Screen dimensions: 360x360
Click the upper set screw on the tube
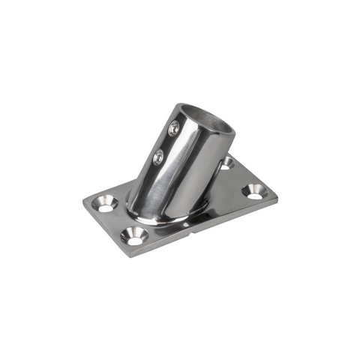pyautogui.click(x=175, y=127)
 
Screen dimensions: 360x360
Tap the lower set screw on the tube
pyautogui.click(x=159, y=157)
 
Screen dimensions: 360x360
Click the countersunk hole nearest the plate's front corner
pyautogui.click(x=135, y=236)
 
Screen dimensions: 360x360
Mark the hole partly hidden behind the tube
pyautogui.click(x=226, y=163)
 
